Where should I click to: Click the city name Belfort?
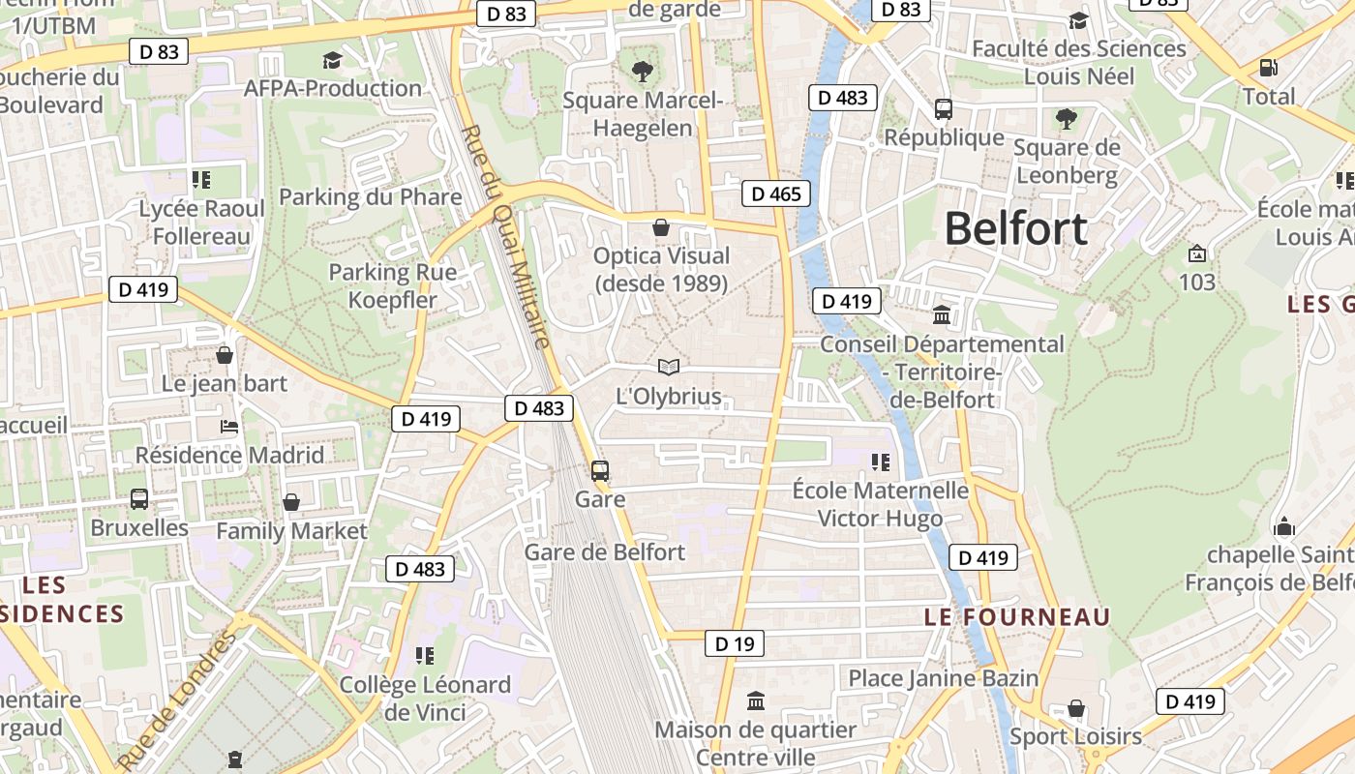[x=1015, y=229]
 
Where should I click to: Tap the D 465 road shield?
[x=777, y=193]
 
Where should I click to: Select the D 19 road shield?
[x=734, y=643]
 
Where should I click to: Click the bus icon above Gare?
[x=600, y=471]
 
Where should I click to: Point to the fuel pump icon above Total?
[x=1268, y=68]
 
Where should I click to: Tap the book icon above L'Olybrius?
[x=668, y=367]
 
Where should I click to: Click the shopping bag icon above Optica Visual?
[x=661, y=227]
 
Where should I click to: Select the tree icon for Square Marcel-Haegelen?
[x=642, y=71]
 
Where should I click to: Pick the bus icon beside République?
[x=944, y=108]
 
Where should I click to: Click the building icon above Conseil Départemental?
[x=942, y=315]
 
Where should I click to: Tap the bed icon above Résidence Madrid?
[x=229, y=426]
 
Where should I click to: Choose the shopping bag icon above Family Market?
[x=291, y=502]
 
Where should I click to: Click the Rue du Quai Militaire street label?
[x=505, y=237]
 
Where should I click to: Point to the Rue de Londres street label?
[x=178, y=701]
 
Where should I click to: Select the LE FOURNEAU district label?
[x=1016, y=616]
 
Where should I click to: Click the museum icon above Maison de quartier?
[x=756, y=700]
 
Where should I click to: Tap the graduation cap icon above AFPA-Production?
[x=332, y=60]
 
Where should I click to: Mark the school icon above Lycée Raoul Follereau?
[x=201, y=179]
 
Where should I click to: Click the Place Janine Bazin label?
[x=943, y=677]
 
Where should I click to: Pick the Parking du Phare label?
[x=371, y=197]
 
